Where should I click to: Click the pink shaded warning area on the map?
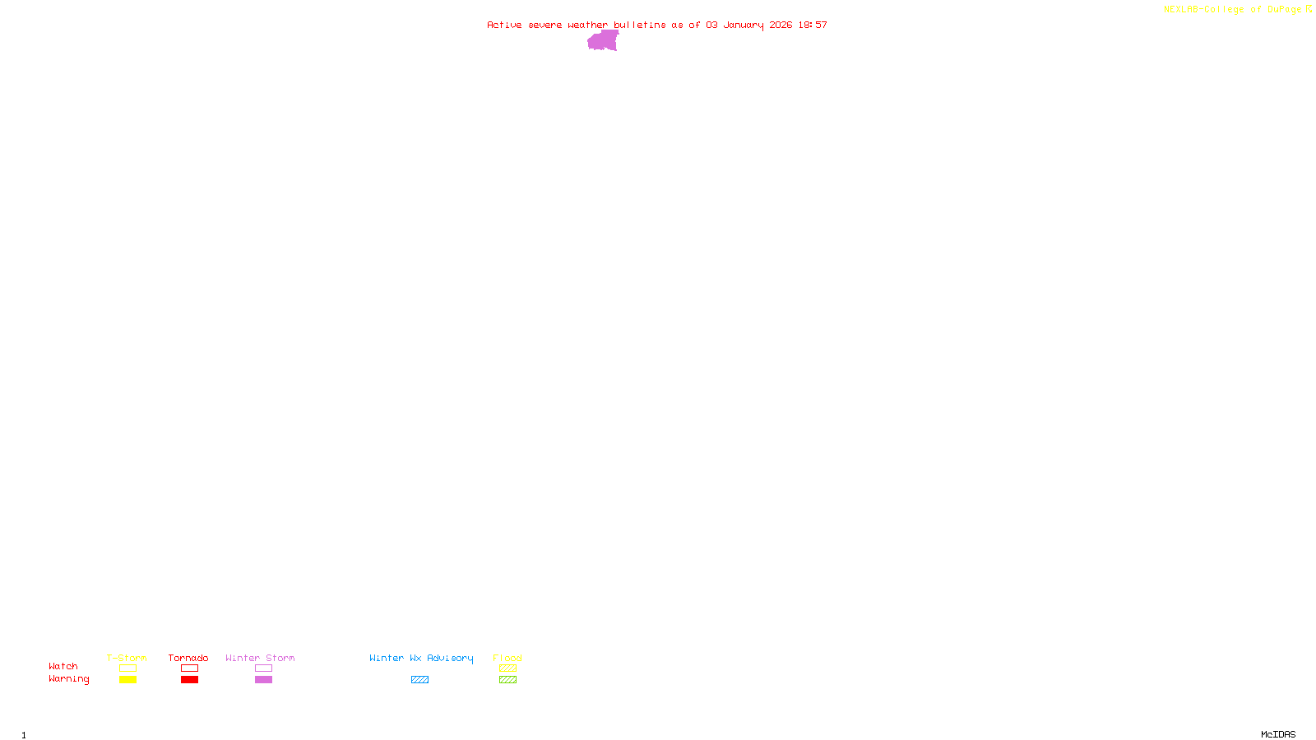[603, 41]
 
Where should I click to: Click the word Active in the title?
[504, 25]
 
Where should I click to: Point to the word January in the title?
[743, 25]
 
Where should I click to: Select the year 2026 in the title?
[781, 25]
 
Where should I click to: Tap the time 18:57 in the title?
[813, 25]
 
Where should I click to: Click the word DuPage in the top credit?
[1284, 10]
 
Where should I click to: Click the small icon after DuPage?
[1309, 9]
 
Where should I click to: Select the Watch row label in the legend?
[63, 666]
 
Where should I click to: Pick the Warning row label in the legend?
[68, 679]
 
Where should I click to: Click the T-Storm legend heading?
[127, 658]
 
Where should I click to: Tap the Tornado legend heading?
[188, 658]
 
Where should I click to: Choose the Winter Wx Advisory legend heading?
[421, 658]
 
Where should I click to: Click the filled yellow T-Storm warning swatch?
[127, 680]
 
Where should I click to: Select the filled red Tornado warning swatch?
[189, 680]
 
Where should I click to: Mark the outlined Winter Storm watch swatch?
[263, 668]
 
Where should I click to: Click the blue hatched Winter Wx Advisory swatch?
[419, 680]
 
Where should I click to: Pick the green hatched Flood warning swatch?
[507, 680]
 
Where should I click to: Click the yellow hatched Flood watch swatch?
[507, 668]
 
